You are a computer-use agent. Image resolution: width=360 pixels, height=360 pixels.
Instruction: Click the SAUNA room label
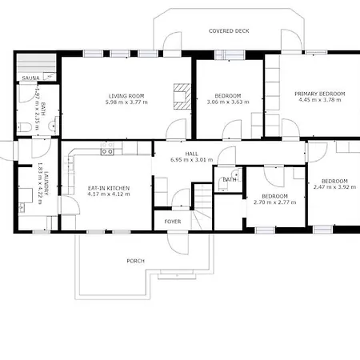click(30, 78)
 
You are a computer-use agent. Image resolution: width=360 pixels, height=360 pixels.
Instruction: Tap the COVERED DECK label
click(229, 31)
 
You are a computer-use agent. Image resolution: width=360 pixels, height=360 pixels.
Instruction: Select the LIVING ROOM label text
click(126, 96)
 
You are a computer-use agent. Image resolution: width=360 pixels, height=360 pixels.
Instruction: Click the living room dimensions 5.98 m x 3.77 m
click(126, 102)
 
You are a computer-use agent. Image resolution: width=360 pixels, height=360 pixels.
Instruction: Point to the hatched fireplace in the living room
click(182, 97)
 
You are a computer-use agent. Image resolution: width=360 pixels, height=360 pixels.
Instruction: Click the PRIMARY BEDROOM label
click(320, 94)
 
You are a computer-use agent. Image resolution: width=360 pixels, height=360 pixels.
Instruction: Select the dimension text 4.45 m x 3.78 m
click(320, 100)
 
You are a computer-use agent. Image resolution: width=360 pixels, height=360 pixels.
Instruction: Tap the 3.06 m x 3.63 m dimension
click(228, 102)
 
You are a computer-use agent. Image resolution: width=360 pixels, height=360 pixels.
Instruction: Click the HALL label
click(192, 154)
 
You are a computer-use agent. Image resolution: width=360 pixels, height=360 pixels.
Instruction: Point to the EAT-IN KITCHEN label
click(109, 188)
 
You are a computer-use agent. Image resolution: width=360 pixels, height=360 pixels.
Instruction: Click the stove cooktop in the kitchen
click(107, 152)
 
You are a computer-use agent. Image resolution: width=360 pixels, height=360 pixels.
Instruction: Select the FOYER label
click(173, 222)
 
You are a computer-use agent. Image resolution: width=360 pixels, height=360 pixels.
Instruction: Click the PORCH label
click(136, 261)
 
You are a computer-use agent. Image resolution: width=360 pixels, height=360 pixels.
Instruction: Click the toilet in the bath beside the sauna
click(25, 127)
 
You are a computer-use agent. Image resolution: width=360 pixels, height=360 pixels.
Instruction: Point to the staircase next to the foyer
click(202, 206)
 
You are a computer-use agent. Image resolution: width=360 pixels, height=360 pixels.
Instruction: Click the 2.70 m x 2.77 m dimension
click(275, 202)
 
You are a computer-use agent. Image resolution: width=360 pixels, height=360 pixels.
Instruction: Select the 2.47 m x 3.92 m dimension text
click(334, 187)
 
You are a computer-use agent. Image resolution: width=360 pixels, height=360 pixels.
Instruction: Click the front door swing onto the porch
click(178, 243)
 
